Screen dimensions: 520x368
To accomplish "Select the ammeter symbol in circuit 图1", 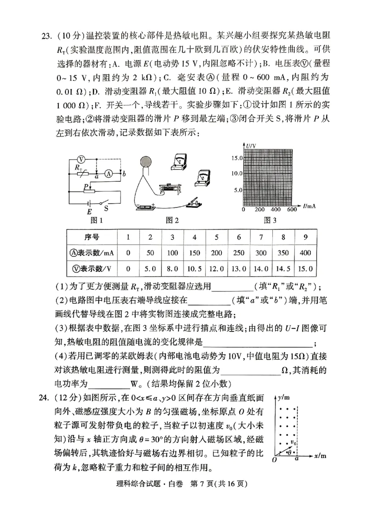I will point(109,173).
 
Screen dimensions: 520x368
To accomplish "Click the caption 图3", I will point(270,220).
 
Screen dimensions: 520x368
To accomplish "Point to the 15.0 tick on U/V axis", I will point(236,158).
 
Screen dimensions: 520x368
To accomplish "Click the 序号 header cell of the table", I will point(92,237).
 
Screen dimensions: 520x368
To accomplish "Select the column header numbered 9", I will point(305,237).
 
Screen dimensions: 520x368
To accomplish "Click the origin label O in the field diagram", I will point(275,459).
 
